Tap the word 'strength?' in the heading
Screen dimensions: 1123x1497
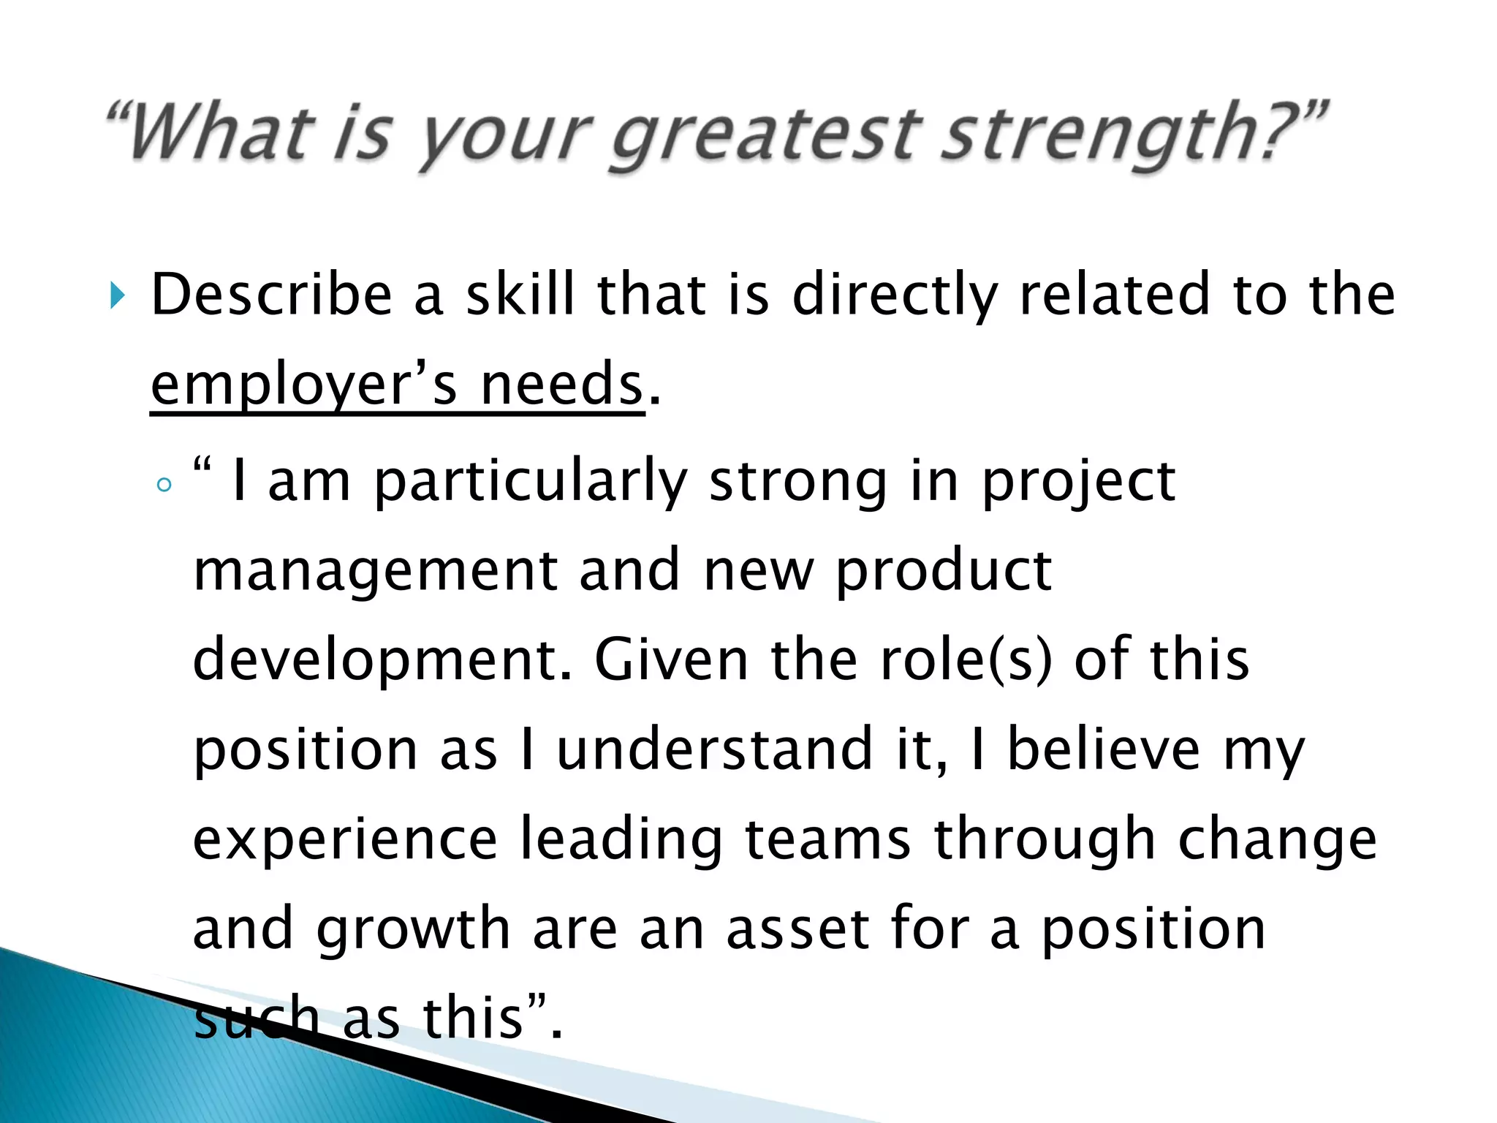point(1129,135)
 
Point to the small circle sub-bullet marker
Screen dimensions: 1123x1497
point(164,484)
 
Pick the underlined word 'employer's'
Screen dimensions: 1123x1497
point(304,385)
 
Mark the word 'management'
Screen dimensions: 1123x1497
point(375,572)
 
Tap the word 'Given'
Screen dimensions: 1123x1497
point(672,660)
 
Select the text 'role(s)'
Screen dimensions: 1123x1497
point(966,660)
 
